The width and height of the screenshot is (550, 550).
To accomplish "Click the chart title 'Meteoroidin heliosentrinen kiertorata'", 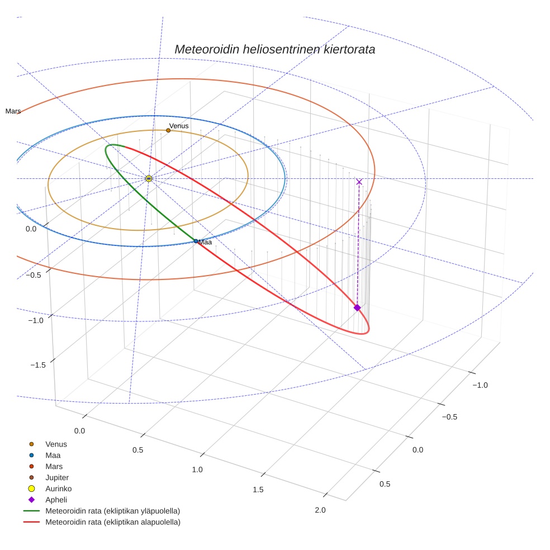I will point(274,49).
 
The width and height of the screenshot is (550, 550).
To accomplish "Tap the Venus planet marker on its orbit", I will point(168,130).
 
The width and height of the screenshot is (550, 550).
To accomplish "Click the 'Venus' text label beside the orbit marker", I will point(179,126).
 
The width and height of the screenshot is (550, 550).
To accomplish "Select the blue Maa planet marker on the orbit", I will point(196,241).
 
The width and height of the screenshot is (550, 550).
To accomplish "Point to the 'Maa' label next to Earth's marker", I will point(205,242).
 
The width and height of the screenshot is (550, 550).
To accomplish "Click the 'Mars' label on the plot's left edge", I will point(13,111).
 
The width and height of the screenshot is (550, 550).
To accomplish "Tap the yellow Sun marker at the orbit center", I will point(149,178).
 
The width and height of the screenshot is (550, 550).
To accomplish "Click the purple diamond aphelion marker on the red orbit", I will point(357,307).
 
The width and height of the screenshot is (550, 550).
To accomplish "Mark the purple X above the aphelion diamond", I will point(359,182).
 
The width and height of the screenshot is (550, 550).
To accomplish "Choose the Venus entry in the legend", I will point(56,444).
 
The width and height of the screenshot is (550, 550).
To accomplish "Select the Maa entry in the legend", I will point(53,456).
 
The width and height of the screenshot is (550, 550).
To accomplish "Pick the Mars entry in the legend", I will point(54,466).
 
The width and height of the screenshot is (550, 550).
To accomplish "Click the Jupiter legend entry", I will point(57,477).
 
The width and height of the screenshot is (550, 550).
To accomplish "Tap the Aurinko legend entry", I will point(58,489).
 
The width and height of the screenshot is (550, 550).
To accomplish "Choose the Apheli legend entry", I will point(55,500).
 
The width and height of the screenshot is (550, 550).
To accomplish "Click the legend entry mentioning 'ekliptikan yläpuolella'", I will point(112,511).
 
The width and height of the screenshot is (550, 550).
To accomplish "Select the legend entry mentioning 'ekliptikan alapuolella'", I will point(112,522).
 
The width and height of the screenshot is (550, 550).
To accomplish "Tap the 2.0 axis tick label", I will point(320,510).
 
